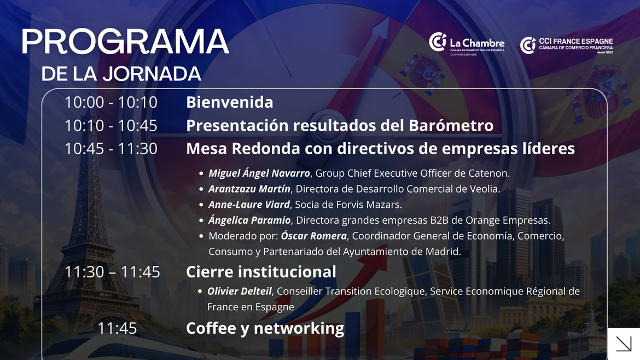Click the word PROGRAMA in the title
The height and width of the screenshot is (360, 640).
pos(125,42)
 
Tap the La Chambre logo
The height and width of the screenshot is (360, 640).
pos(467,44)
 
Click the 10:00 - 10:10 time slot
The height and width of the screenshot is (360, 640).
pos(110,102)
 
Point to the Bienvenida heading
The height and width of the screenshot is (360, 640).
pos(229,102)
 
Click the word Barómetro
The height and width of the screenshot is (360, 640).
pos(451,125)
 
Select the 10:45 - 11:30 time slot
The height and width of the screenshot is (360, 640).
pos(110,149)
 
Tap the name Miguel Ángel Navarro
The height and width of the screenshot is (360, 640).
pos(259,173)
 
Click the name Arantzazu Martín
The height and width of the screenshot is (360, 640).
pos(249,189)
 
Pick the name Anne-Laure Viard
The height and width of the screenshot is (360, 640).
pos(249,205)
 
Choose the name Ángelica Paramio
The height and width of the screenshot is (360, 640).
pos(249,220)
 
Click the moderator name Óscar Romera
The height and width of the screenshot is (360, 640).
pos(314,235)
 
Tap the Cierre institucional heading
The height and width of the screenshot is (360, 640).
pos(261,272)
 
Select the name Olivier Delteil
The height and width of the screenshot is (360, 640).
pos(239,291)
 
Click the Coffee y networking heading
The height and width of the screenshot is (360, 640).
pos(265,328)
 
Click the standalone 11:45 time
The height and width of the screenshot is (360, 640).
pos(117,329)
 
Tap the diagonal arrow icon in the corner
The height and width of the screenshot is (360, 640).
pos(624,344)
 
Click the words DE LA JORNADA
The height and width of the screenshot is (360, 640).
pos(121,74)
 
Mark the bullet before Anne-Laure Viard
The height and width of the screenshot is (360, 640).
pos(201,205)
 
